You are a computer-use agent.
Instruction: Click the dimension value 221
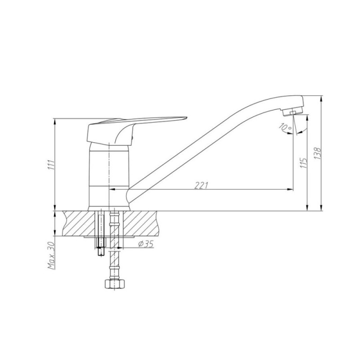(x=201, y=185)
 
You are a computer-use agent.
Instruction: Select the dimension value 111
(x=51, y=165)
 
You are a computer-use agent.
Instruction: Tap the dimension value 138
(x=318, y=153)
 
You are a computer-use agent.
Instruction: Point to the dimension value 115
(x=304, y=163)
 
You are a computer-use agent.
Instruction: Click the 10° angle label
(x=285, y=127)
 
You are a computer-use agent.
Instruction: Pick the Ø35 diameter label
(x=146, y=244)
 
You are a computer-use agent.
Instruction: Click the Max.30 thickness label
(x=51, y=255)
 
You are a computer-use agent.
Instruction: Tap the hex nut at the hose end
(x=115, y=284)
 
